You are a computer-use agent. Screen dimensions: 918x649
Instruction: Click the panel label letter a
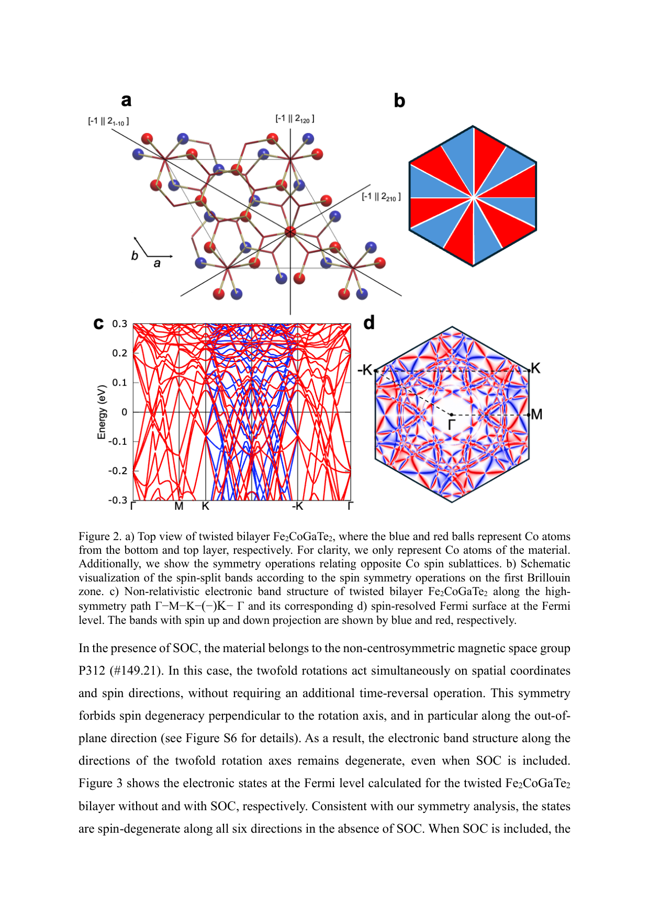pyautogui.click(x=126, y=100)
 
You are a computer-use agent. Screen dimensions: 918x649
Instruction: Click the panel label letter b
pyautogui.click(x=399, y=100)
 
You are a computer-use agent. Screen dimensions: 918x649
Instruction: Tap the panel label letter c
pyautogui.click(x=98, y=323)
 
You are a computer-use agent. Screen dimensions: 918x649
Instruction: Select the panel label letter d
pyautogui.click(x=369, y=322)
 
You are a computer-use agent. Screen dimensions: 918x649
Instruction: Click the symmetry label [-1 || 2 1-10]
pyautogui.click(x=108, y=121)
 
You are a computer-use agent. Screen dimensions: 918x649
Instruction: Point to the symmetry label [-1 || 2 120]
pyautogui.click(x=295, y=119)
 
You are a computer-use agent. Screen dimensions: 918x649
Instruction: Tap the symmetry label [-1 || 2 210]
pyautogui.click(x=381, y=197)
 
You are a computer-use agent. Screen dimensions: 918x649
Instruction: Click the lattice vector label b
pyautogui.click(x=135, y=256)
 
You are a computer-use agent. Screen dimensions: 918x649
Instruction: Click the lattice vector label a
pyautogui.click(x=157, y=263)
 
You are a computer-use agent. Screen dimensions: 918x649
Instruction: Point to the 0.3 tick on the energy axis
pyautogui.click(x=120, y=324)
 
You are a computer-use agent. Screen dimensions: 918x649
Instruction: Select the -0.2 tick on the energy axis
pyautogui.click(x=118, y=471)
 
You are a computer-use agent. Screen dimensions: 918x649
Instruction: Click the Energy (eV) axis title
pyautogui.click(x=102, y=412)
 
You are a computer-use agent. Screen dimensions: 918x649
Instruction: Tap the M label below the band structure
pyautogui.click(x=179, y=506)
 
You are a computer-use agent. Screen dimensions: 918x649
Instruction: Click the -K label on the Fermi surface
pyautogui.click(x=365, y=370)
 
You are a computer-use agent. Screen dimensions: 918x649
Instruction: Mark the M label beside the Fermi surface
pyautogui.click(x=536, y=415)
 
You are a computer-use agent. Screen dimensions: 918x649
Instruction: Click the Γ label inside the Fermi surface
pyautogui.click(x=451, y=424)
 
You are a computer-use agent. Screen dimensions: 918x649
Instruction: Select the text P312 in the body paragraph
pyautogui.click(x=92, y=670)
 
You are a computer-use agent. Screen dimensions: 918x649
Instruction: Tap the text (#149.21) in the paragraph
pyautogui.click(x=137, y=670)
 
